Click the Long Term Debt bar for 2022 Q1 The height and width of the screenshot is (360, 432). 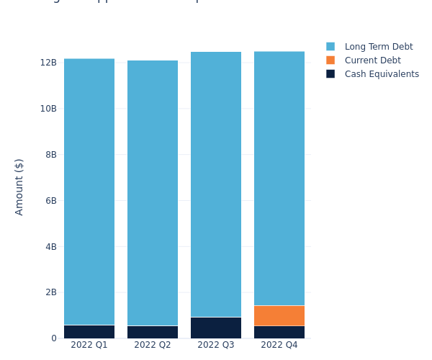89,192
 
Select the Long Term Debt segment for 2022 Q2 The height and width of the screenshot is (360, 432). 153,193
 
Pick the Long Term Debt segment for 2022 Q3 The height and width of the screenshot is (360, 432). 216,184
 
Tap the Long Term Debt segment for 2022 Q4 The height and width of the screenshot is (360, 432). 279,179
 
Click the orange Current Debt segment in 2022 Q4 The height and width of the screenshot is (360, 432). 279,315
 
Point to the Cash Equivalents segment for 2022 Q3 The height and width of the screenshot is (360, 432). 216,328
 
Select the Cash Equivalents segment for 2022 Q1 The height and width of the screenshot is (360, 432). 89,332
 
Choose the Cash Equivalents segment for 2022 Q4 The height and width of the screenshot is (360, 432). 279,332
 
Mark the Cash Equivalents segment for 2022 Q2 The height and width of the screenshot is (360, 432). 153,332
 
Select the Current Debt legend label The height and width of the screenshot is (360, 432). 372,60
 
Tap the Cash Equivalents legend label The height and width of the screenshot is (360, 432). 382,74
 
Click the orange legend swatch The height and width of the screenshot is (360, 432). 330,60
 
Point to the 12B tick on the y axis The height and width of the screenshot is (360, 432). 48,63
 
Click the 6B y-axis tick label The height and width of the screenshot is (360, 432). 50,201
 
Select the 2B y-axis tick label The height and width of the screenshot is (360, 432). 50,292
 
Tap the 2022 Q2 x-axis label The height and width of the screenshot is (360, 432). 153,345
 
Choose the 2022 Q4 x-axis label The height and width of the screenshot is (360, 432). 279,345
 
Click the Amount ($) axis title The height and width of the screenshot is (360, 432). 19,186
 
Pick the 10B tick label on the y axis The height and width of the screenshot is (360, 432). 48,109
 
